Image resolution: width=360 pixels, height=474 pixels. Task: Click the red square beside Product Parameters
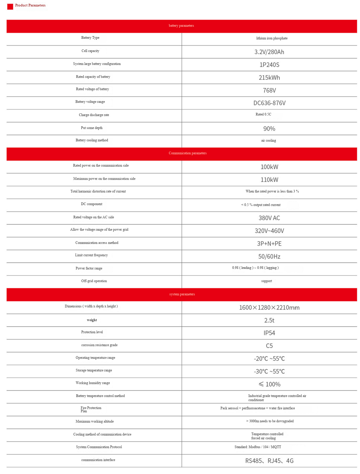tap(10, 6)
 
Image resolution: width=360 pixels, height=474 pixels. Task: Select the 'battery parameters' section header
tap(181, 26)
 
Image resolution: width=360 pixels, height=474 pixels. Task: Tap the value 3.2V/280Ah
tap(269, 52)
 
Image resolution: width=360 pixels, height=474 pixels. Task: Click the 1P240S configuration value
tap(269, 65)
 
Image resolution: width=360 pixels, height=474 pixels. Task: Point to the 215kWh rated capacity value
tap(269, 78)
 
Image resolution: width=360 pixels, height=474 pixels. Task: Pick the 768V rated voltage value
tap(269, 91)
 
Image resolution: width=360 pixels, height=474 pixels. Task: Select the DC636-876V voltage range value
tap(269, 103)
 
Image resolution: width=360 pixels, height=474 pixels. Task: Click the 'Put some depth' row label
tap(92, 128)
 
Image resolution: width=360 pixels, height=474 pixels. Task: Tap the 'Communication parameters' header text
tap(187, 153)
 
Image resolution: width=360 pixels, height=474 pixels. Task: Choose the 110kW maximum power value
tap(269, 180)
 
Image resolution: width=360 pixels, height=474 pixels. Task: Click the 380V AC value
tap(269, 218)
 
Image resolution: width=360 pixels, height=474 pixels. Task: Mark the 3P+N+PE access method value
tap(269, 244)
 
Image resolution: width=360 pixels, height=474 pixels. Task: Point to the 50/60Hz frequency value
tap(269, 257)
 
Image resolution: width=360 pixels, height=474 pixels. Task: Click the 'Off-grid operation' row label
tap(94, 281)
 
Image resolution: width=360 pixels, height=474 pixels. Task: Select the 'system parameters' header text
tap(182, 294)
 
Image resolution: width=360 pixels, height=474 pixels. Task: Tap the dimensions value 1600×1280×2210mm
tap(269, 308)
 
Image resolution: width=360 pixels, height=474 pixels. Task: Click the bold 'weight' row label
tap(92, 320)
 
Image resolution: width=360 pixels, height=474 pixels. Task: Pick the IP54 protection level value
tap(269, 333)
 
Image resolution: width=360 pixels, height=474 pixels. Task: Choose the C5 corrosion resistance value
tap(269, 346)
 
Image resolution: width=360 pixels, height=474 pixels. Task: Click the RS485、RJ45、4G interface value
tap(269, 461)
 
